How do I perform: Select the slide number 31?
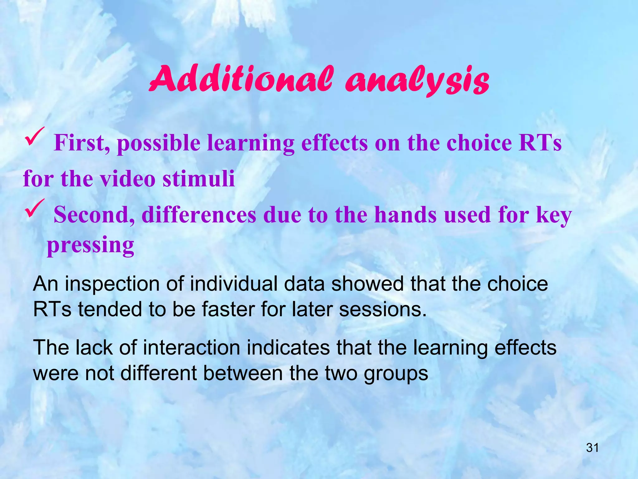(x=592, y=448)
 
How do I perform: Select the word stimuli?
(x=199, y=179)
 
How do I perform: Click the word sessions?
(x=382, y=309)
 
